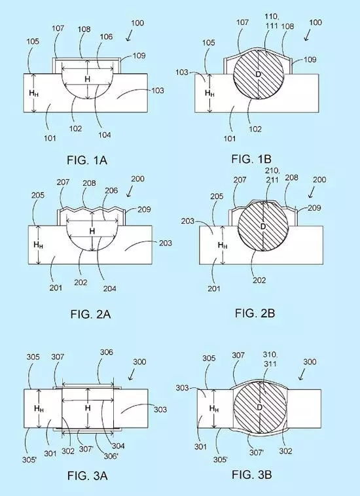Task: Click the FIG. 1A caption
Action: (x=87, y=160)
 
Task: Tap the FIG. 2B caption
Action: (x=255, y=313)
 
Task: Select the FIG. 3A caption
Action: (x=87, y=476)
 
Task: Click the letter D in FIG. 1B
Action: (x=258, y=75)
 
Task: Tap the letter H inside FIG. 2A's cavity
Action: (x=92, y=231)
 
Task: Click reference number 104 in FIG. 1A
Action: (x=104, y=135)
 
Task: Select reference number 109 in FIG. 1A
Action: (x=139, y=56)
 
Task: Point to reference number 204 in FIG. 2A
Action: (x=109, y=288)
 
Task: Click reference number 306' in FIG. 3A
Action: (x=111, y=456)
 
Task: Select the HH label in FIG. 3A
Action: (x=39, y=409)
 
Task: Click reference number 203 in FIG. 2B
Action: (x=188, y=221)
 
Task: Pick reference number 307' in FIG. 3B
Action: (x=257, y=452)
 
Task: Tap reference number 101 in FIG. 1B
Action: (x=230, y=138)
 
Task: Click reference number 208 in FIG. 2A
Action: (x=89, y=183)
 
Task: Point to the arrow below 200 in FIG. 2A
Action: (x=130, y=192)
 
